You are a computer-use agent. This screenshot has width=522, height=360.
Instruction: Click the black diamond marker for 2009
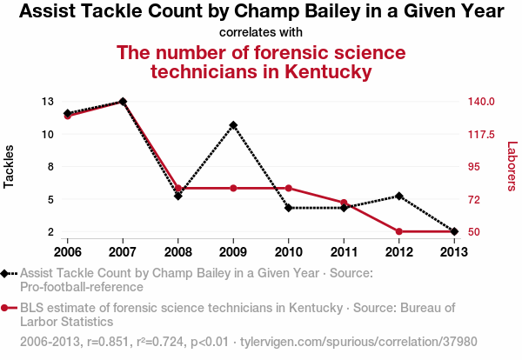(x=233, y=124)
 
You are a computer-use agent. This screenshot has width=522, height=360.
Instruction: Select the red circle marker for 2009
(x=233, y=188)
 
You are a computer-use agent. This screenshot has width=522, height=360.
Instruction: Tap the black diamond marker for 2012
(x=399, y=196)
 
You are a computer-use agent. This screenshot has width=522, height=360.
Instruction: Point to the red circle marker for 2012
(x=399, y=231)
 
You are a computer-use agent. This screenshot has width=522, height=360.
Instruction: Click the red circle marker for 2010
(x=289, y=188)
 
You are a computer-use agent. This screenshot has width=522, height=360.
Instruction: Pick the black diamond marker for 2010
(x=289, y=208)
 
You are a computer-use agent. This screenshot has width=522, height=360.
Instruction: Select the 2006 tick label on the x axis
(x=67, y=252)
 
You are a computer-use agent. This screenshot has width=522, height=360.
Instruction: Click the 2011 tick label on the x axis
(x=344, y=252)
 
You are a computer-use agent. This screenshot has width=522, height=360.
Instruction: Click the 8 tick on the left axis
(x=50, y=167)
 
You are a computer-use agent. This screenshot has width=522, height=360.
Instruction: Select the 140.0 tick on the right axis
(x=480, y=102)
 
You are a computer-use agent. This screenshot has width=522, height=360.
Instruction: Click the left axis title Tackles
(x=10, y=166)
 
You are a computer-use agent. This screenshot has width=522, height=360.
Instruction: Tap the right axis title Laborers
(x=512, y=166)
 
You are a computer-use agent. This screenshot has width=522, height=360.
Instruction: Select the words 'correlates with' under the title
(x=261, y=32)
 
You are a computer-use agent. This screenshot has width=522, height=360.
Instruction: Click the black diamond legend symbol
(x=6, y=273)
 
